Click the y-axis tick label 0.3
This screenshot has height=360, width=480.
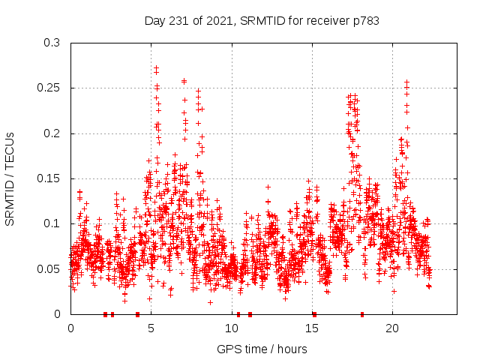click(x=52, y=43)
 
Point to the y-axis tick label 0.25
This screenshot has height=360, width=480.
click(x=49, y=88)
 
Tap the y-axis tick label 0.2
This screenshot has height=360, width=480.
click(x=52, y=133)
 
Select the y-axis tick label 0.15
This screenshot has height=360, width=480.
click(x=49, y=178)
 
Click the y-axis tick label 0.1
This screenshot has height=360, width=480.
click(x=52, y=223)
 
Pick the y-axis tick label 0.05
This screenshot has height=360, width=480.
click(x=49, y=268)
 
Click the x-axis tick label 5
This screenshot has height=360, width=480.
click(x=151, y=328)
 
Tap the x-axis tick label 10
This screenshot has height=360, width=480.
click(x=232, y=328)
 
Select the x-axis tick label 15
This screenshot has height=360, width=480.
click(x=312, y=328)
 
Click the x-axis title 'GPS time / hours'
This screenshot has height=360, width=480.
click(x=262, y=349)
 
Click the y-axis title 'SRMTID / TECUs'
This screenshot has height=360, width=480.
click(x=10, y=179)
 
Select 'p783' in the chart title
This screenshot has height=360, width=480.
click(x=365, y=21)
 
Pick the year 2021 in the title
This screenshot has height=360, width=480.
click(x=217, y=21)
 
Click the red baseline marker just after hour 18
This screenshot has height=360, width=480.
click(x=362, y=314)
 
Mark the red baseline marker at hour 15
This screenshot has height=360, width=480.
click(x=314, y=314)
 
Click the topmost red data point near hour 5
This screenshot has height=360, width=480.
click(x=156, y=67)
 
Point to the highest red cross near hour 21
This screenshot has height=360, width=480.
click(x=406, y=82)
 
